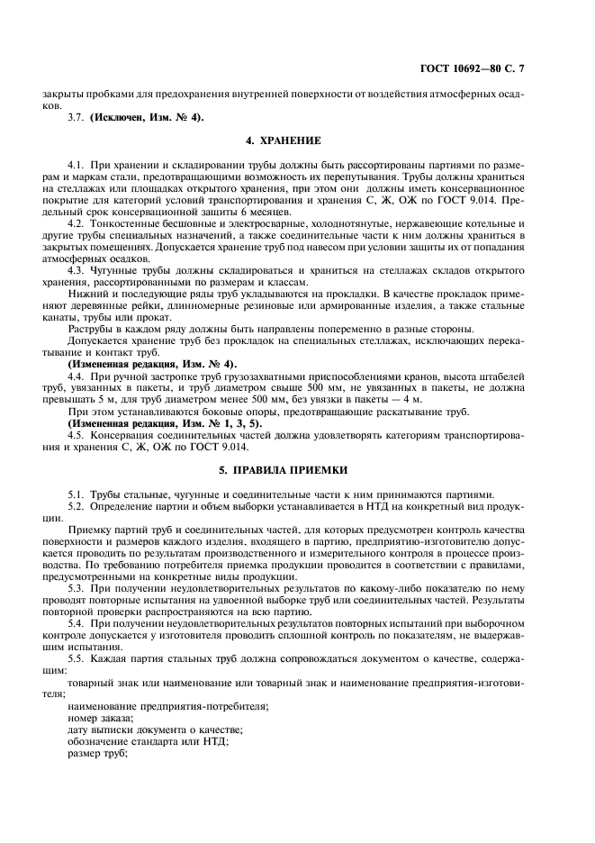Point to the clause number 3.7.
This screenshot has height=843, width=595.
tap(76, 116)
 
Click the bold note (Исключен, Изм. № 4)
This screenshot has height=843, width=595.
tap(147, 116)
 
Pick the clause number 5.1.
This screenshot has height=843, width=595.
tap(76, 494)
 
